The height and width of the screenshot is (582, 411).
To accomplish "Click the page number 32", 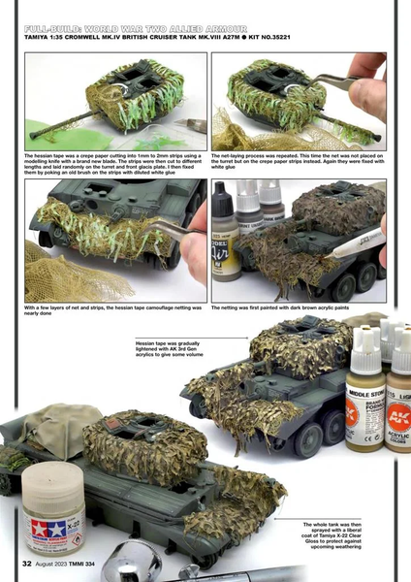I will click(x=16, y=564).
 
